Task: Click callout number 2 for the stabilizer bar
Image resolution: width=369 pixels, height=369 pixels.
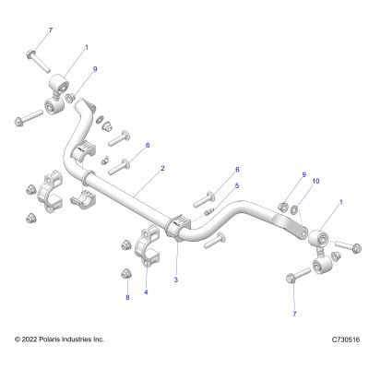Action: coord(162,168)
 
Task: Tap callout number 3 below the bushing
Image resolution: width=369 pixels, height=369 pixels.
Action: coord(176,280)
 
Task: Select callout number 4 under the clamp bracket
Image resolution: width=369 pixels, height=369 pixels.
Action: coord(146,292)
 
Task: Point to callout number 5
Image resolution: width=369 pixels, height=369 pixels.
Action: coord(237,185)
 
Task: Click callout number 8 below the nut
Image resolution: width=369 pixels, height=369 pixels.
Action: coord(127,297)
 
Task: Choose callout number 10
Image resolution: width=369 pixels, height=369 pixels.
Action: coord(315,181)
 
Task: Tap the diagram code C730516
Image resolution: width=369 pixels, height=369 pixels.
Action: coord(346,339)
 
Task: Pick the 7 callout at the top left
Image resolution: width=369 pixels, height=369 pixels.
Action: coord(51,30)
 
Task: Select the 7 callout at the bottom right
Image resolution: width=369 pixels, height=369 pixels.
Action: coord(294,314)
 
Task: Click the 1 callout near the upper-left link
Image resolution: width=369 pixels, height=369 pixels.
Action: coord(87,47)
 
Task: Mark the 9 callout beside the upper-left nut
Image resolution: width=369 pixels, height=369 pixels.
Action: coord(95,69)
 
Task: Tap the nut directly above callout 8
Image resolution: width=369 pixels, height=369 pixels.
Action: coord(125,273)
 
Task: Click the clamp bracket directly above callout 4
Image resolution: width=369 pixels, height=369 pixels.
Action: coord(147,246)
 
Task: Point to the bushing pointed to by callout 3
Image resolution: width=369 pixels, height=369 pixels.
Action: coord(178,227)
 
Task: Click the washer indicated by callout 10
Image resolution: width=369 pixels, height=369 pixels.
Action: coord(294,210)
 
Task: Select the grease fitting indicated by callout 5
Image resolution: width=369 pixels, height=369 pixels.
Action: coord(208,211)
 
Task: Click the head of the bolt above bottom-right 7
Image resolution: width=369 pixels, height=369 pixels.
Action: coord(291,279)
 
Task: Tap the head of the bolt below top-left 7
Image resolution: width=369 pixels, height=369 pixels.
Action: coord(31,55)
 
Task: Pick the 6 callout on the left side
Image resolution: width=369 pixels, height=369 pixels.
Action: coord(148,145)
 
